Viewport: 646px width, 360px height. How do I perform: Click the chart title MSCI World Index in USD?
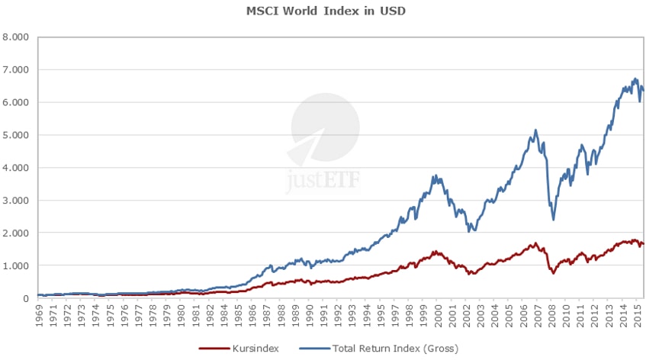coord(324,12)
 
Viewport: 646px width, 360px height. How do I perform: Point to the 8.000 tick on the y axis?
coord(15,37)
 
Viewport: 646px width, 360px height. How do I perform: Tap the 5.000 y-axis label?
coord(15,135)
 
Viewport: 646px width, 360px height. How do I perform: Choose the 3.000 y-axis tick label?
coord(15,201)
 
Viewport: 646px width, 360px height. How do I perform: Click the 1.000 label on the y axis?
coord(15,266)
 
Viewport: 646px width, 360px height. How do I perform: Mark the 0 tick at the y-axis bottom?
coord(25,298)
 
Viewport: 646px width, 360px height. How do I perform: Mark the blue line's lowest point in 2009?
coord(553,220)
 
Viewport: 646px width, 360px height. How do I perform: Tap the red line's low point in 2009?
coord(553,272)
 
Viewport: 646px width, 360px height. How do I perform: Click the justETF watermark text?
coord(323,182)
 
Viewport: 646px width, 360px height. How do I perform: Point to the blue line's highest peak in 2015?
coord(635,79)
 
